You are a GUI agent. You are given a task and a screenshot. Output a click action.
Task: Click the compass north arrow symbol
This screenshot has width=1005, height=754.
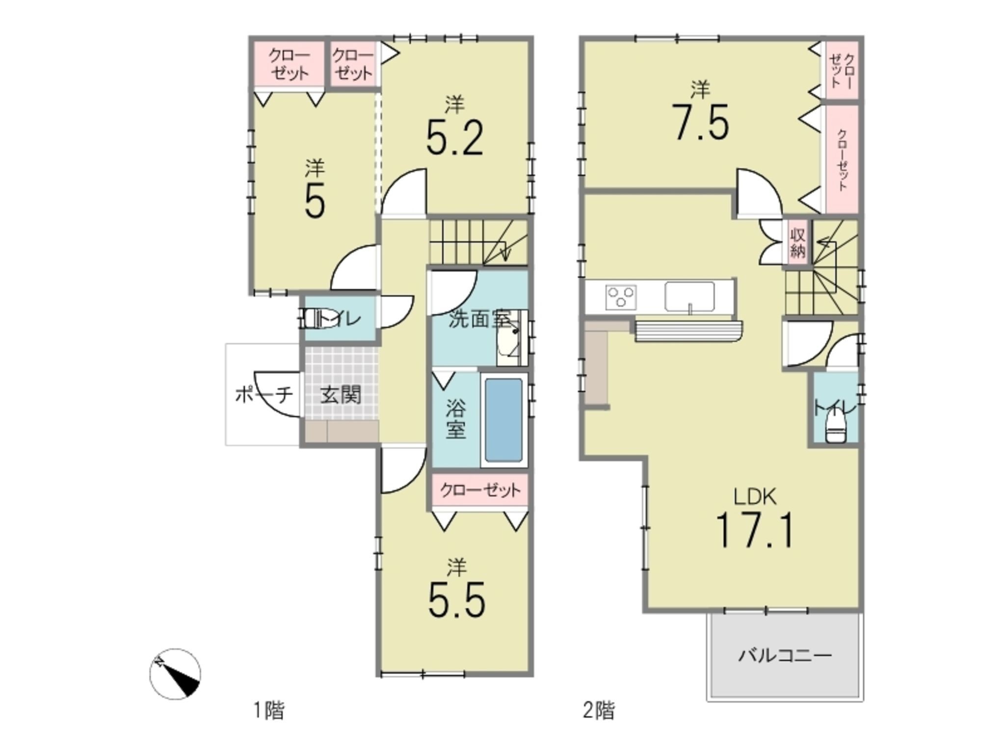click(x=175, y=674)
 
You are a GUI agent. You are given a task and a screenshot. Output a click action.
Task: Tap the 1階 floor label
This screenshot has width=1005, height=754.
click(x=268, y=710)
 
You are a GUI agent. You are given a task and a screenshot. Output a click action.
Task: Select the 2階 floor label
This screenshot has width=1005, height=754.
click(x=599, y=710)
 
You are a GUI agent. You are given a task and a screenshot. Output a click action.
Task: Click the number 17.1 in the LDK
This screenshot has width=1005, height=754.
click(x=755, y=530)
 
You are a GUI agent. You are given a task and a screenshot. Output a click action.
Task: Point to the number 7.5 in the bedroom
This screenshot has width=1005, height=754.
click(x=701, y=122)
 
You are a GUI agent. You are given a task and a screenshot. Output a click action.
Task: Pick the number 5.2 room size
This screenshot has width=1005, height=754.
click(x=455, y=137)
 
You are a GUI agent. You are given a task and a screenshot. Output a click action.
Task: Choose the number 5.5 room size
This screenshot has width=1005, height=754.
click(x=457, y=600)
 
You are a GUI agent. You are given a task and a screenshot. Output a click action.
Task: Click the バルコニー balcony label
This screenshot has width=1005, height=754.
click(x=785, y=655)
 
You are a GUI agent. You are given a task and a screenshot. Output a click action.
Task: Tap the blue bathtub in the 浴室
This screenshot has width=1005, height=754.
click(x=503, y=420)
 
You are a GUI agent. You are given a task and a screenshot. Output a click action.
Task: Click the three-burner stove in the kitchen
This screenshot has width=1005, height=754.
click(x=621, y=296)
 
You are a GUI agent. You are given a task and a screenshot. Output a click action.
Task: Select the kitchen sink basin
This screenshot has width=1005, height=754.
click(x=689, y=296)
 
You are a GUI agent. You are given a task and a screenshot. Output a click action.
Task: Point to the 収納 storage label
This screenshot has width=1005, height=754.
click(x=797, y=242)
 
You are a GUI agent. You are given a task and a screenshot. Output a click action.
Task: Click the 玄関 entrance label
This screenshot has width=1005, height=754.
click(x=341, y=394)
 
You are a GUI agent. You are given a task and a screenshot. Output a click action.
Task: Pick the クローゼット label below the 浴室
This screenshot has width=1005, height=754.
click(x=480, y=490)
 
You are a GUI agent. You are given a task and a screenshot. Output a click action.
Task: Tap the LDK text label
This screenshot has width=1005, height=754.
click(x=755, y=497)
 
